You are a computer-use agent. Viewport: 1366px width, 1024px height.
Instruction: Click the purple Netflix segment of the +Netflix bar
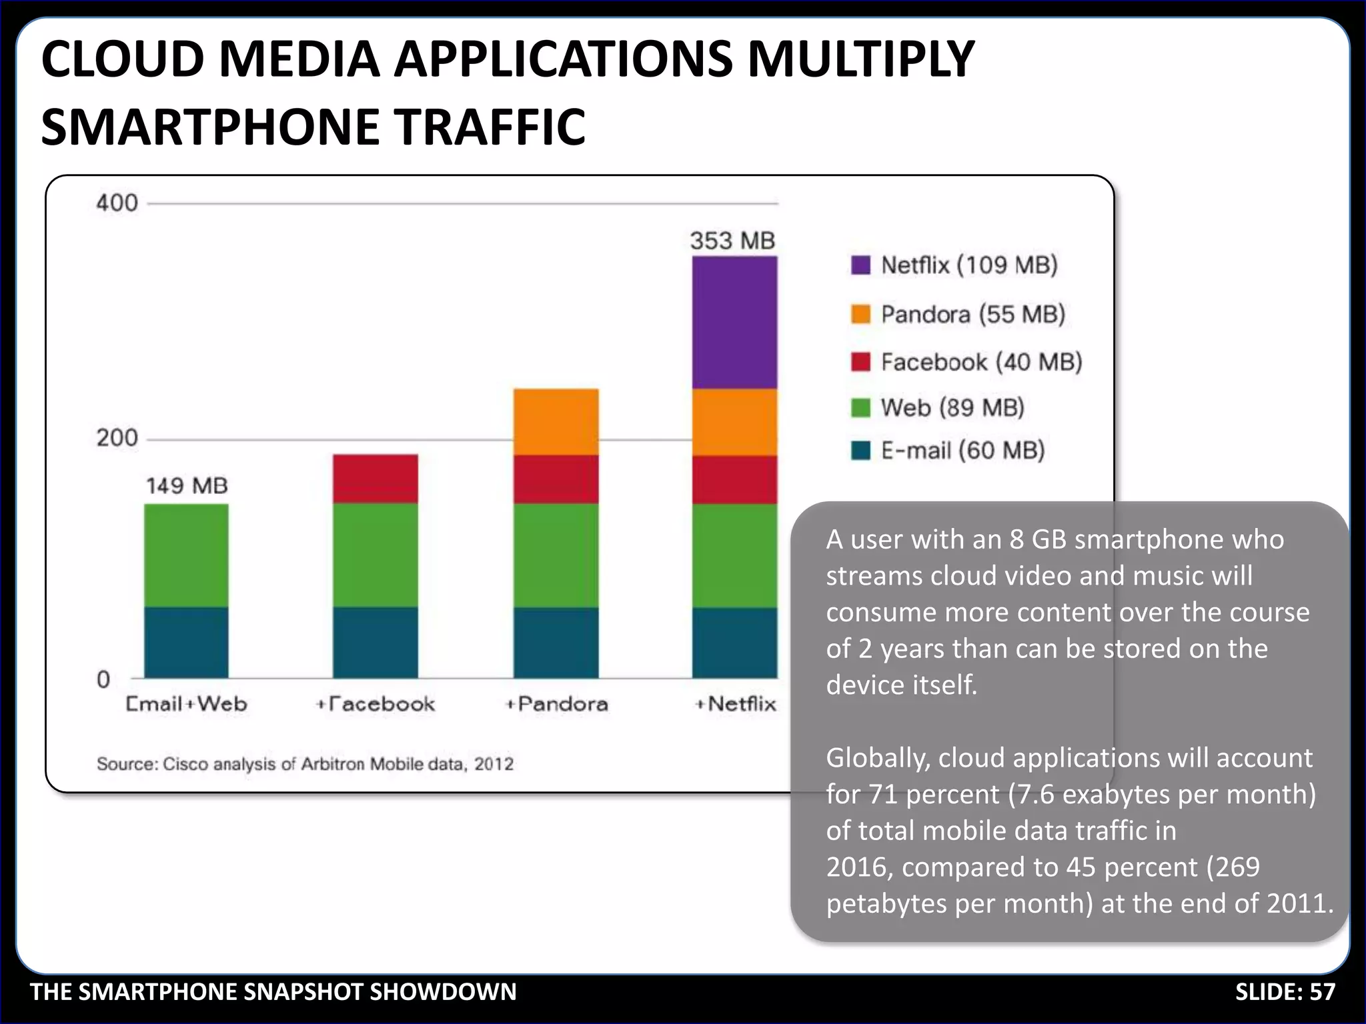(x=734, y=323)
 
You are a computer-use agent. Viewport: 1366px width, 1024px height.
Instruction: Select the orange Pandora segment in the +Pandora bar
(x=556, y=422)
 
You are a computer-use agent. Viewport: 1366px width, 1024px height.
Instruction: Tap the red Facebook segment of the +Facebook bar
(x=376, y=479)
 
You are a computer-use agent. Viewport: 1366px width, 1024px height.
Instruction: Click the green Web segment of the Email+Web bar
(x=187, y=555)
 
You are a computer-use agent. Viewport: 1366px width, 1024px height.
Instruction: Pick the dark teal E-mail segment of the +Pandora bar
(x=556, y=643)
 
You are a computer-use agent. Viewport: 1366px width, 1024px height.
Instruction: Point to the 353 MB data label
(x=732, y=241)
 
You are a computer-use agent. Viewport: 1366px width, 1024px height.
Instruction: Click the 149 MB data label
(x=187, y=485)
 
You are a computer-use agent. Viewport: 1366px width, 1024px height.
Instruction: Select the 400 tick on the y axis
(x=117, y=203)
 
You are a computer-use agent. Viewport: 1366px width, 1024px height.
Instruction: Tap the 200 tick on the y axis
(x=117, y=438)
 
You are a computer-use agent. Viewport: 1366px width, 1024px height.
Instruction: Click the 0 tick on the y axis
(x=103, y=679)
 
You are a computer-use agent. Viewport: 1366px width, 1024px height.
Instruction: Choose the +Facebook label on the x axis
(x=376, y=704)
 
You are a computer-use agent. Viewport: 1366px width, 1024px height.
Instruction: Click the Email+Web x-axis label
(x=187, y=704)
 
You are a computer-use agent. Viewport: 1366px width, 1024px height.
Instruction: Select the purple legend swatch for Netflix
(x=860, y=265)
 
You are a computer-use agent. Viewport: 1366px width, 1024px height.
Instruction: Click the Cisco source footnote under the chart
(x=305, y=764)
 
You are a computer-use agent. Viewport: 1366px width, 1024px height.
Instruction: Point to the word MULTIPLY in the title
(x=860, y=60)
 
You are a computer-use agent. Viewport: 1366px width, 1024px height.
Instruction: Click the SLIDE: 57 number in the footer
(x=1285, y=992)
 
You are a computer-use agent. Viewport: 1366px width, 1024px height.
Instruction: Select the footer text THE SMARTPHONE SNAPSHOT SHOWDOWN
(x=273, y=992)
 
